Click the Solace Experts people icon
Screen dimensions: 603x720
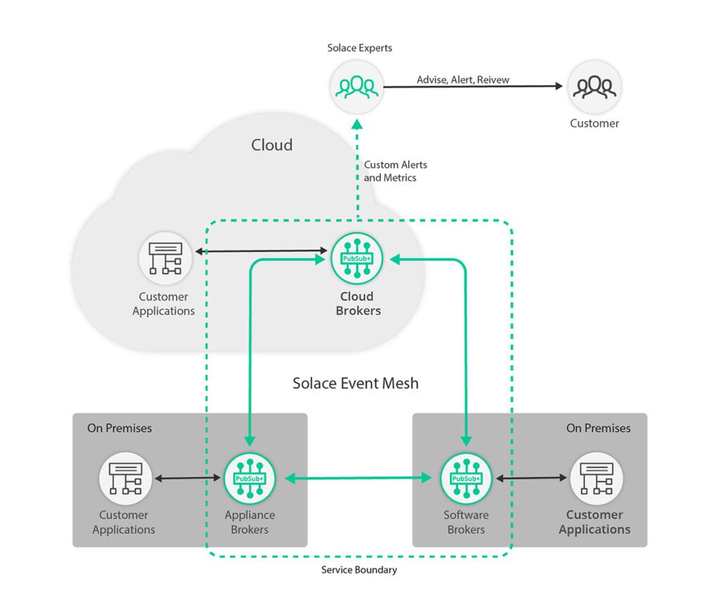[x=356, y=87]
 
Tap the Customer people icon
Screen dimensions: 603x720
[x=594, y=87]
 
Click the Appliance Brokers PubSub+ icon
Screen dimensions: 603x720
[x=250, y=478]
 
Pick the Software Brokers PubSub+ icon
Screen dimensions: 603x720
[x=465, y=478]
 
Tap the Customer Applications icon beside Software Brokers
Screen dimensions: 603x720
[x=596, y=478]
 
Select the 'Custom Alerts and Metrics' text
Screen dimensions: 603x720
[x=395, y=171]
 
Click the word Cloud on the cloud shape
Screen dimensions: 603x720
[x=271, y=145]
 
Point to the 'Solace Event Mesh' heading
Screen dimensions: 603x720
[x=355, y=383]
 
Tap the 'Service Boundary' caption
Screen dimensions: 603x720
[x=359, y=570]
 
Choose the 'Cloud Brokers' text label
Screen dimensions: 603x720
[x=357, y=304]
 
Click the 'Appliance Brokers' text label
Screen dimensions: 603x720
[x=250, y=522]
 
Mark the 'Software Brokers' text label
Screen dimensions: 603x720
[x=465, y=522]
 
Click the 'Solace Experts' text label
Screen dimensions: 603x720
[x=359, y=48]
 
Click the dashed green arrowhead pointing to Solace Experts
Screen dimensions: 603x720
[x=357, y=124]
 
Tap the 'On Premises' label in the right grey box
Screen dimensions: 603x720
[x=598, y=428]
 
